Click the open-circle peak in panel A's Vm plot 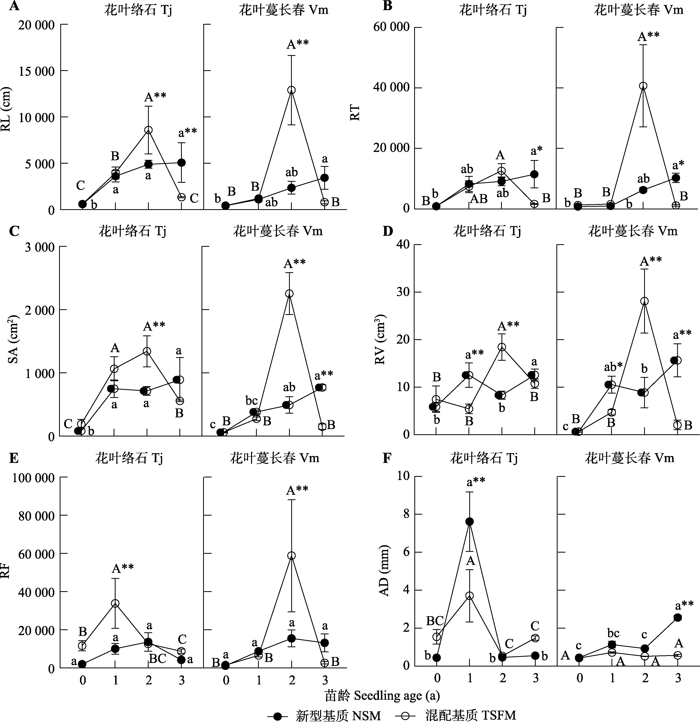[x=291, y=90]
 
